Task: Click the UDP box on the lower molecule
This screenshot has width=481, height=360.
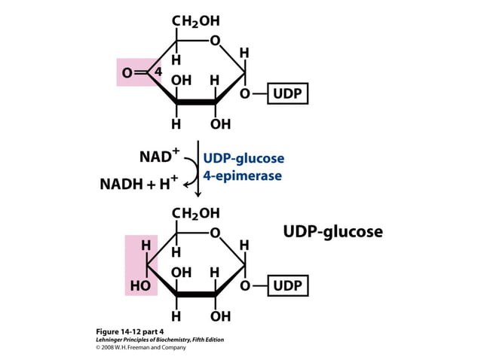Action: (287, 286)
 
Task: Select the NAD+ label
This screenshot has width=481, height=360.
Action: (159, 157)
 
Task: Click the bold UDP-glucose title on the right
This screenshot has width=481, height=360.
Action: (332, 231)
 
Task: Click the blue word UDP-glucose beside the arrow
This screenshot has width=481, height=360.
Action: (243, 158)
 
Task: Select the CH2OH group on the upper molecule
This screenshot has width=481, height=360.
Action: (196, 22)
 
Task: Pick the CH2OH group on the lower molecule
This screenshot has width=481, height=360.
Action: (196, 213)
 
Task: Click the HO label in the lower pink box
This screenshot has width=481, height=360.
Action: (140, 286)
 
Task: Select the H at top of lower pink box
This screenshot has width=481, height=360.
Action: (146, 246)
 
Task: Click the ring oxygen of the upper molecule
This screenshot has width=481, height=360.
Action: (216, 40)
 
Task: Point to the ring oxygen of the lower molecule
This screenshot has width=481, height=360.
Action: (216, 232)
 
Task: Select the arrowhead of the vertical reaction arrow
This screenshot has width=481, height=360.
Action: (198, 194)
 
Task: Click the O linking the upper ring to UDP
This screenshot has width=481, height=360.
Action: (245, 95)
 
